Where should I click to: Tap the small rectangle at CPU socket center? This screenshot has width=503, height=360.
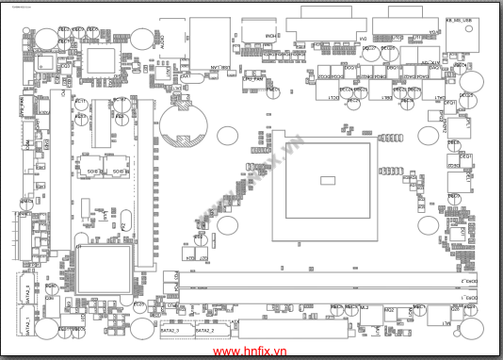tap(328, 179)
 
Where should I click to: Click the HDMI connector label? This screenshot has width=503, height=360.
tap(271, 36)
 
